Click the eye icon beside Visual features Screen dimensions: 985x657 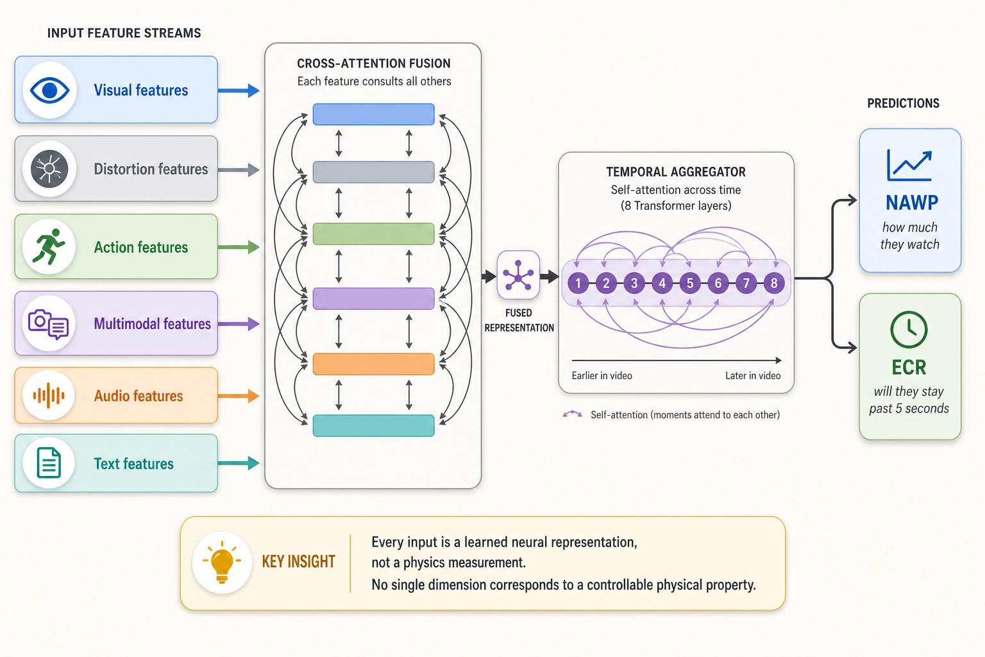point(49,90)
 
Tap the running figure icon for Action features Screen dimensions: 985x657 point(49,246)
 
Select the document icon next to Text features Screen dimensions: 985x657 point(49,463)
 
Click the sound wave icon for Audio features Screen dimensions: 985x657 point(49,395)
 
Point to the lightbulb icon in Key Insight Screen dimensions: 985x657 point(222,563)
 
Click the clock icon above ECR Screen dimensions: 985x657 point(909,330)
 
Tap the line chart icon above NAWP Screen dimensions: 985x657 point(909,166)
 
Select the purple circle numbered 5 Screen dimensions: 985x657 point(690,283)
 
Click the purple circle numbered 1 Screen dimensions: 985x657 point(578,283)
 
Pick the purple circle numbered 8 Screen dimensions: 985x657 point(774,283)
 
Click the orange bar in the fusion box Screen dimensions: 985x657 point(373,364)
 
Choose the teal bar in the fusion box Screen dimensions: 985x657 point(373,425)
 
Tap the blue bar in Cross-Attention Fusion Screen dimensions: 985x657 point(373,114)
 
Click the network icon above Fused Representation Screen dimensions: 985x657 point(518,275)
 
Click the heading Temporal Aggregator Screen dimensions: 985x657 point(676,172)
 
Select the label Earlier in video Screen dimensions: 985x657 point(602,376)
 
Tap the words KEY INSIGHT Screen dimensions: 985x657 point(299,562)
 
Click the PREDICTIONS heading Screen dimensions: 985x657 point(903,103)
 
